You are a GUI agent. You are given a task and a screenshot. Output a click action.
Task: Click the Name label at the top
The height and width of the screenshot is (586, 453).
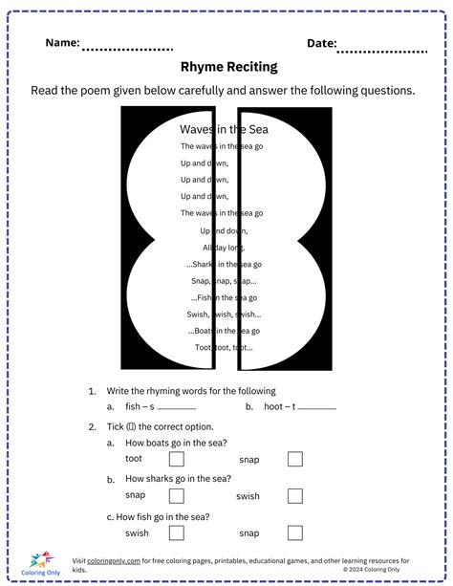tap(62, 43)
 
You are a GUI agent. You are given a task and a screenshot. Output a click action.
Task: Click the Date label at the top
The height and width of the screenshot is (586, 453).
tap(322, 43)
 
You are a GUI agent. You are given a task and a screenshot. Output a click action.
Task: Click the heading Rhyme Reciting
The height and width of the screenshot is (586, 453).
tap(228, 67)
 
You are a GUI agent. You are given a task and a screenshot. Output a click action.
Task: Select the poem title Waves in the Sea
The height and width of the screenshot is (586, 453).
tap(227, 129)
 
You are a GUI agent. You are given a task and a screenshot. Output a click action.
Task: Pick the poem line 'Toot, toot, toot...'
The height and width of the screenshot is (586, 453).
tap(228, 348)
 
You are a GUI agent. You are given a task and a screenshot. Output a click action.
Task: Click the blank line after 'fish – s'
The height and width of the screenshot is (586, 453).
tap(176, 408)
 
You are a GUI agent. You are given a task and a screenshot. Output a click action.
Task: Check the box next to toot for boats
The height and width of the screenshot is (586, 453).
tap(177, 459)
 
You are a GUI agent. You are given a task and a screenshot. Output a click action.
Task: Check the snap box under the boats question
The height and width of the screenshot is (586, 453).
tap(295, 459)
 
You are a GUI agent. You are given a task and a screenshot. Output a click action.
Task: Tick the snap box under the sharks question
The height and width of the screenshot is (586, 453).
tap(177, 495)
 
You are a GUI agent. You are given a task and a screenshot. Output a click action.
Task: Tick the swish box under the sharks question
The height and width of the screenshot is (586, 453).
tap(295, 495)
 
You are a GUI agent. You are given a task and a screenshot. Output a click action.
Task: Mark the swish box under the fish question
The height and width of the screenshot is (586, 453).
tap(177, 532)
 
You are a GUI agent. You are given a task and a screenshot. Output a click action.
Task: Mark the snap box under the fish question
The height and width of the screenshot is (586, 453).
tap(295, 532)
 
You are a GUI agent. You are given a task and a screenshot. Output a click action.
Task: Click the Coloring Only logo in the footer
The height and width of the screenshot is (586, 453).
tap(45, 563)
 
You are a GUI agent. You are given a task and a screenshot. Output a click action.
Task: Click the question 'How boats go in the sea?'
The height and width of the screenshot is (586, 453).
tap(178, 443)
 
